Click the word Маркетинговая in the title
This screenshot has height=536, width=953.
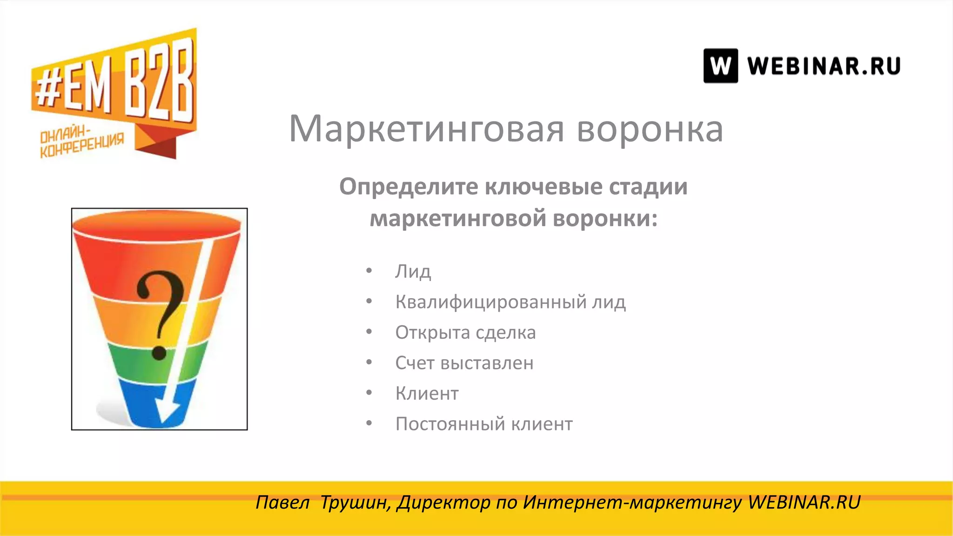[426, 129]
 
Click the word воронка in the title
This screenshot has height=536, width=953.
[650, 129]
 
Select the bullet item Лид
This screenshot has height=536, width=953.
[413, 271]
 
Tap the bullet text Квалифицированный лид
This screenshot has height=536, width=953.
[510, 302]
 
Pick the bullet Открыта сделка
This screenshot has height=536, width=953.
[465, 333]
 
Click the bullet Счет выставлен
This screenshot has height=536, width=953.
[464, 363]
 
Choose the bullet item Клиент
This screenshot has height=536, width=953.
[427, 394]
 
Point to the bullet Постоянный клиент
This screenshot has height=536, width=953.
[484, 424]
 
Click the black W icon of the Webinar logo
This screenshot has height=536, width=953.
[720, 66]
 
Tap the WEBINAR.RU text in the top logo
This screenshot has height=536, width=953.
[824, 66]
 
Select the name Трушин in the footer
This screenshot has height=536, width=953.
[356, 502]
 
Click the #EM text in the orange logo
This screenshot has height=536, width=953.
[74, 91]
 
